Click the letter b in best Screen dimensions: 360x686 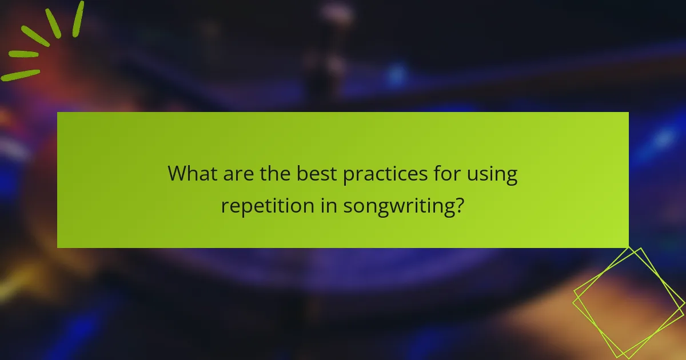(301, 173)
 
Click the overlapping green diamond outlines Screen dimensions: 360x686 (629, 303)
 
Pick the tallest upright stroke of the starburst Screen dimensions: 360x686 (78, 18)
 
